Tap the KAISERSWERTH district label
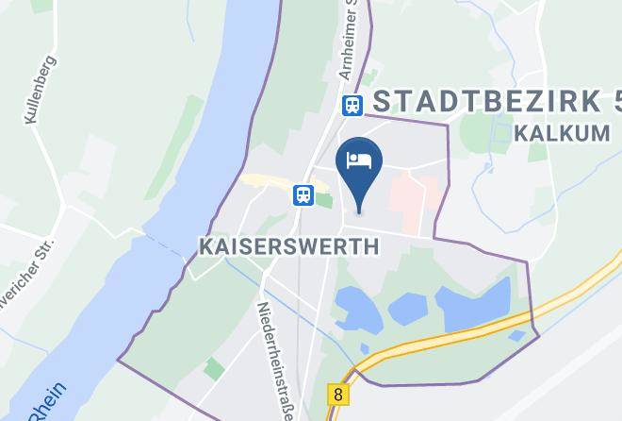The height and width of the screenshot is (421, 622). tap(289, 246)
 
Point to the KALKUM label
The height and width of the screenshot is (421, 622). tap(563, 133)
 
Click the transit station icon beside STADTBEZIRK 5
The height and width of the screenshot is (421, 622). tap(352, 106)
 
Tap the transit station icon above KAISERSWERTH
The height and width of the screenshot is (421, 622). tap(303, 194)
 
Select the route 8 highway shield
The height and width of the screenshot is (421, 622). tap(336, 392)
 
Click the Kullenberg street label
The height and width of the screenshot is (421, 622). tap(39, 91)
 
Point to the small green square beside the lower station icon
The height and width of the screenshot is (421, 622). tap(323, 199)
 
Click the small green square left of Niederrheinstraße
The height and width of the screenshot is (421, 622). tap(214, 369)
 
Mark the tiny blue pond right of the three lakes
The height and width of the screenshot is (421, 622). tap(516, 335)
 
